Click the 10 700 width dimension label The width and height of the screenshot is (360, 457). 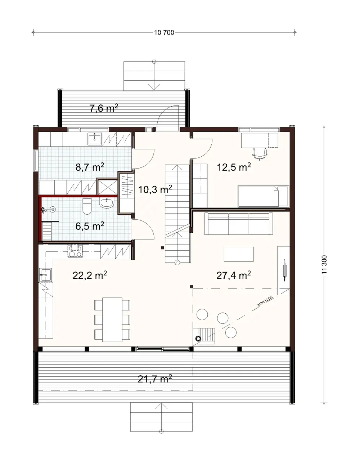[164, 33]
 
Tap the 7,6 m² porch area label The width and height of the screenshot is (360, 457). [104, 108]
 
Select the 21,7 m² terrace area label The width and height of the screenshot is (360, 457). [154, 379]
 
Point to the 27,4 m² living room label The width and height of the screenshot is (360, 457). [233, 275]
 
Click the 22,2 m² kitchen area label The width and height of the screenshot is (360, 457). [90, 275]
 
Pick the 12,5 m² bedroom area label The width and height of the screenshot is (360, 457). [234, 167]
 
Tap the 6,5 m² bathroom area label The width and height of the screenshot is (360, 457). [90, 226]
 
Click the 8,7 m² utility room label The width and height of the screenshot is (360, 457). [90, 167]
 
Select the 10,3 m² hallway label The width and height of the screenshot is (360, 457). [155, 189]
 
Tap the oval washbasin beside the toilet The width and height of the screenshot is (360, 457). [107, 203]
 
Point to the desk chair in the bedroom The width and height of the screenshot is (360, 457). [260, 153]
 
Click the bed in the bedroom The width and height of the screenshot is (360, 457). [264, 196]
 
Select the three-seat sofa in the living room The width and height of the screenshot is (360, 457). [238, 224]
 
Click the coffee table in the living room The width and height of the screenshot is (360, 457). [238, 254]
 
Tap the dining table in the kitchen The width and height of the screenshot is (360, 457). [112, 319]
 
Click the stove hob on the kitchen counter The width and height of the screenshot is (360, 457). [75, 251]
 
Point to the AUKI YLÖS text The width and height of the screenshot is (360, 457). [265, 302]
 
